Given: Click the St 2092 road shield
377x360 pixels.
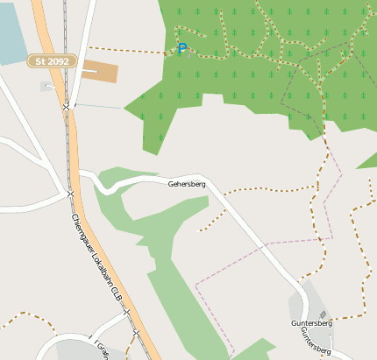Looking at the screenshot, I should [53, 61].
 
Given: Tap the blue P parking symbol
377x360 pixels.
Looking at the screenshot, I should [182, 49].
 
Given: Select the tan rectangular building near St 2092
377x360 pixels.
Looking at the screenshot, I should [99, 72].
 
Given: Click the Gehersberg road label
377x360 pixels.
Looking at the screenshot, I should [186, 185].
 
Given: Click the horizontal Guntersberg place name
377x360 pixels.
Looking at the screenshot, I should [311, 323].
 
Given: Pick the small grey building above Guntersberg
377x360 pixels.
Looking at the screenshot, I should [323, 314].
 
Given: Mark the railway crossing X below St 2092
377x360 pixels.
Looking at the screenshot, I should [67, 106].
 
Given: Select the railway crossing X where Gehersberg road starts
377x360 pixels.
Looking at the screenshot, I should [70, 193].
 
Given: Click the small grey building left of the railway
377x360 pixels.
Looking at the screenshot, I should [46, 86].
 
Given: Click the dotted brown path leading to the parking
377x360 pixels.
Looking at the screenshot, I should [132, 49].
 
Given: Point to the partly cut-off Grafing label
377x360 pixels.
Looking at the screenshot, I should [102, 349].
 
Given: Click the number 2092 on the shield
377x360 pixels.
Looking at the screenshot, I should [59, 61].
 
